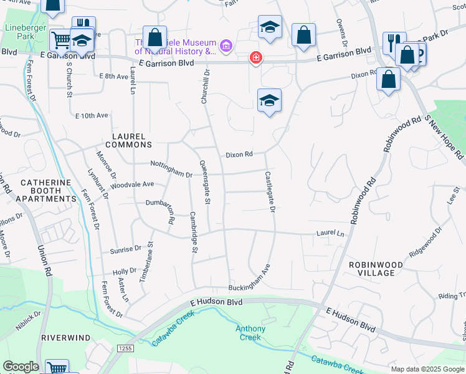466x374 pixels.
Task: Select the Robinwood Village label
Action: (381, 269)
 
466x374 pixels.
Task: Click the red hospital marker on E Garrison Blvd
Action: (255, 58)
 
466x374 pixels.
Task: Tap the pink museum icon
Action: (226, 46)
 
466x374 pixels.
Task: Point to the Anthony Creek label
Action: (250, 333)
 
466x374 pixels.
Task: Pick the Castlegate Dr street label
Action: (270, 192)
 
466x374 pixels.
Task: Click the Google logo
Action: (21, 367)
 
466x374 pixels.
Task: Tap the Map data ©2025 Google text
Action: (427, 369)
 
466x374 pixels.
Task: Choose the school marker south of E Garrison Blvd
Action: (269, 101)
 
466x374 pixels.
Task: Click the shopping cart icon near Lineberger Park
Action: (61, 41)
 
